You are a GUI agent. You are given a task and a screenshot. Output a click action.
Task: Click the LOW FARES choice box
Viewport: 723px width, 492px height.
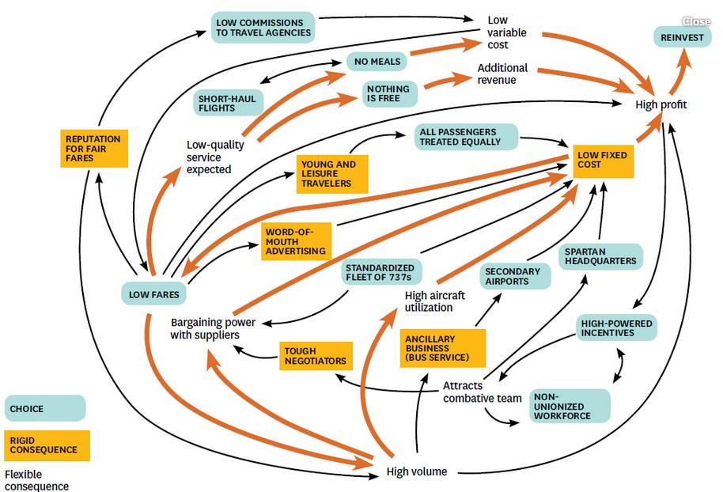tap(154, 294)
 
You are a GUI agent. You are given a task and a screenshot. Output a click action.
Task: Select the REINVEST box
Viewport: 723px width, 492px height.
tap(682, 37)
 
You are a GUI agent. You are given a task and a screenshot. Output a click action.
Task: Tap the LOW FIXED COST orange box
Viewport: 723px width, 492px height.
tap(603, 161)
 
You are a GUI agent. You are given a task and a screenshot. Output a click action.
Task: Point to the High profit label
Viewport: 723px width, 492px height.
tap(661, 104)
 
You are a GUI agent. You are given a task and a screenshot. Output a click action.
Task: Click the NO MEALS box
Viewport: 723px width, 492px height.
tap(377, 62)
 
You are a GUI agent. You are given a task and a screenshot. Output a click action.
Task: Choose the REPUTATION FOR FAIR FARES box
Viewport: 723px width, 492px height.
tap(94, 149)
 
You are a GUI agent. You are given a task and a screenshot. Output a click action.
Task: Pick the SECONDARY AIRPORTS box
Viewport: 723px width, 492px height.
tap(515, 276)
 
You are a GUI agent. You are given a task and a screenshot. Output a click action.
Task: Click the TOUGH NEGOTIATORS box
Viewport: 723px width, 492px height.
tap(316, 356)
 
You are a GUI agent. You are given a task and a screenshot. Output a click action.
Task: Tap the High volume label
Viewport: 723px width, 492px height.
tap(416, 471)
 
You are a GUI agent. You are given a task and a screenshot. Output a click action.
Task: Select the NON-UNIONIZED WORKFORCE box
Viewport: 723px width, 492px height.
tap(569, 407)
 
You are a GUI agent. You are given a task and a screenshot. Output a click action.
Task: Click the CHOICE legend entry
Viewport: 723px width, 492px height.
tap(45, 408)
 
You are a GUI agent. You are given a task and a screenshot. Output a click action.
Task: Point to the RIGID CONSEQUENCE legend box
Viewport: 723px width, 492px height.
tap(47, 445)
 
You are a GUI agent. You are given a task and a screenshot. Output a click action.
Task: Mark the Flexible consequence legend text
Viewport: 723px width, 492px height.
tap(37, 480)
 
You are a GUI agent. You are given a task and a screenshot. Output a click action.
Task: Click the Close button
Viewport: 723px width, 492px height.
tap(696, 21)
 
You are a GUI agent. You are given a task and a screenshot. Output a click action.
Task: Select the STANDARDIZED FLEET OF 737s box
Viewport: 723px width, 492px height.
tap(380, 273)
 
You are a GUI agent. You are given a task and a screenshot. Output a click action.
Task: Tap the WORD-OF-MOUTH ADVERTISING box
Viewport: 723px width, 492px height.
tap(296, 241)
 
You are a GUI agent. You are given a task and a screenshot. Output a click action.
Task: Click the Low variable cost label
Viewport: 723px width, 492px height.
tap(506, 32)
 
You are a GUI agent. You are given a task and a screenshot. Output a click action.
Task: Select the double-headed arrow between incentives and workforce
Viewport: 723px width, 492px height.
tap(619, 365)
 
